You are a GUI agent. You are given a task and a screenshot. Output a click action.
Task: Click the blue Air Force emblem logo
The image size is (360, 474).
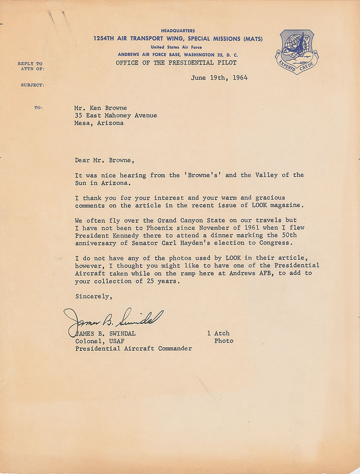(x=297, y=51)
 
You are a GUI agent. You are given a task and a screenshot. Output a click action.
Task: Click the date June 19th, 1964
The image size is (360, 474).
(x=219, y=78)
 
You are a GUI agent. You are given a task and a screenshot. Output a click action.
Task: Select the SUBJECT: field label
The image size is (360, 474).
(x=32, y=85)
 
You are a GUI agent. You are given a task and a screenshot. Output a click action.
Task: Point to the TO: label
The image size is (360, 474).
(x=38, y=108)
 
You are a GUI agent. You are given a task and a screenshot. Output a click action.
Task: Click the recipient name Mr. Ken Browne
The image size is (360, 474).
(x=101, y=108)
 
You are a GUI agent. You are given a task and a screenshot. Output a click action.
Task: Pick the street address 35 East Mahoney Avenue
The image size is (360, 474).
(x=116, y=115)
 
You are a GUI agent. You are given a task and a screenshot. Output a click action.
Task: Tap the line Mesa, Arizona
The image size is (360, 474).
(x=99, y=123)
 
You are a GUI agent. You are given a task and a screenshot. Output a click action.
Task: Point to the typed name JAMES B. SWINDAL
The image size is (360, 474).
(x=106, y=333)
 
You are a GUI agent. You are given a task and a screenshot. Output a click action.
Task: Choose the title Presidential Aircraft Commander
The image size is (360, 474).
(x=133, y=348)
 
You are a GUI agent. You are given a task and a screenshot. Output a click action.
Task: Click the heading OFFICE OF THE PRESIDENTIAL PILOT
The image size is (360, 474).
(x=176, y=63)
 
